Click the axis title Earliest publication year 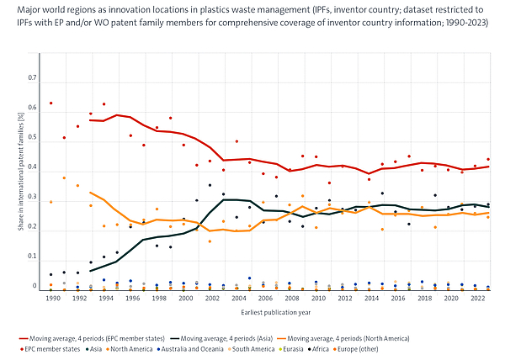(262, 314)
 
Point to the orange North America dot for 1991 (64, 177)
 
